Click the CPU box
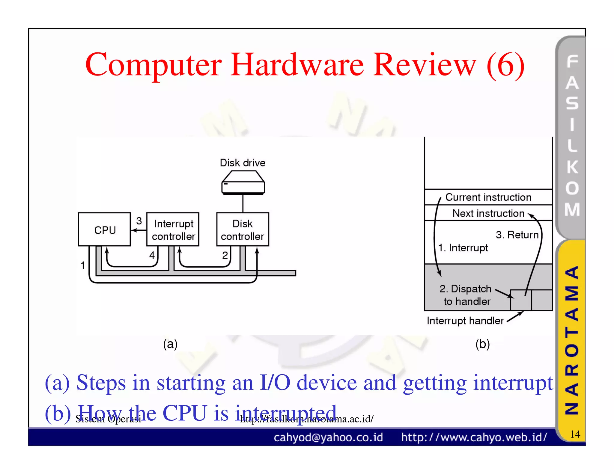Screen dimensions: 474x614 click(104, 230)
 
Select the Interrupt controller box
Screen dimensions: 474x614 click(173, 230)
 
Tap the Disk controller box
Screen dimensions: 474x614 click(243, 230)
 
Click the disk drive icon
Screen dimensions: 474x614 click(243, 183)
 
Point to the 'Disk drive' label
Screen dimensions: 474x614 click(243, 163)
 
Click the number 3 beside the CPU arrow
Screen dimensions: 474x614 click(139, 221)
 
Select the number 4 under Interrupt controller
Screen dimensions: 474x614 click(152, 255)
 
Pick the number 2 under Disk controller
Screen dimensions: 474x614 click(225, 255)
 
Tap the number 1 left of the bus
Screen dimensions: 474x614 click(83, 265)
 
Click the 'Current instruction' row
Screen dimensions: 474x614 click(488, 197)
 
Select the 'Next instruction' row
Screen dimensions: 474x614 click(488, 213)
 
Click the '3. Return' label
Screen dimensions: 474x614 click(517, 235)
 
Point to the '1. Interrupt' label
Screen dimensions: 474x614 click(463, 248)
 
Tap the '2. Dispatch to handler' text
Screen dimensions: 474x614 click(466, 295)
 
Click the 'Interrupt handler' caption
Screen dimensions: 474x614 click(465, 321)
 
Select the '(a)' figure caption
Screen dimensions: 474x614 click(170, 344)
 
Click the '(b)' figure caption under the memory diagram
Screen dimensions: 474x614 click(482, 344)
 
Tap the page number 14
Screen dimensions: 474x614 click(575, 434)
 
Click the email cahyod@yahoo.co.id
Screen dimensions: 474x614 click(328, 437)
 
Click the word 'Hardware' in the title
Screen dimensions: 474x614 click(297, 65)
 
